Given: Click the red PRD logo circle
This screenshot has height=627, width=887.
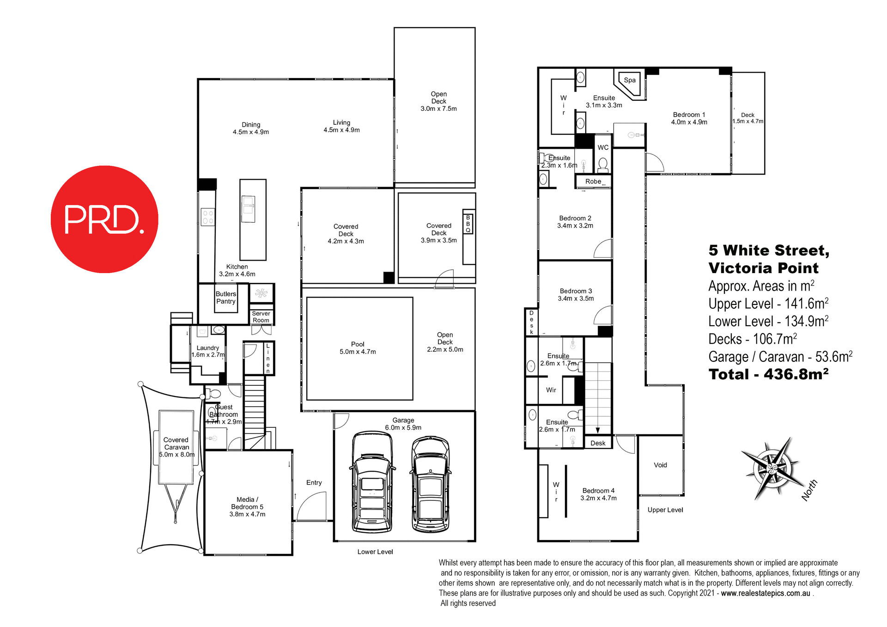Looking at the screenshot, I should click(104, 219).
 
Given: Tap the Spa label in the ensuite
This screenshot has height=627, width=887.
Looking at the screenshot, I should click(630, 80).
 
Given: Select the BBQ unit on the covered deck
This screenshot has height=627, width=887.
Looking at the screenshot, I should click(468, 224).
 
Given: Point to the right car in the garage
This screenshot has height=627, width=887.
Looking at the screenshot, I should click(431, 484).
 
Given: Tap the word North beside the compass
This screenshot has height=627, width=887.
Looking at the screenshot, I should click(809, 490).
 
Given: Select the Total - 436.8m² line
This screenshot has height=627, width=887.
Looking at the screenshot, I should click(768, 374).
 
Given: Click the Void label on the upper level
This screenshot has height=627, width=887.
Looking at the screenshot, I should click(660, 465).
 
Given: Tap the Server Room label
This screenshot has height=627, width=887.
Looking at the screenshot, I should click(261, 317).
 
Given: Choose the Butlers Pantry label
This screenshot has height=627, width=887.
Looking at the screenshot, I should click(226, 298).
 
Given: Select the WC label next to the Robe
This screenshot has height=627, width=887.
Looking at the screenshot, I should click(603, 147).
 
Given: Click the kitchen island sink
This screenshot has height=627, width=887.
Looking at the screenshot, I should click(249, 209).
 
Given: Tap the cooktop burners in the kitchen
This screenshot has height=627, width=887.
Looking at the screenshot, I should click(208, 217).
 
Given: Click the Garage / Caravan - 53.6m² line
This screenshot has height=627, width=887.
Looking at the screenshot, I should click(780, 357).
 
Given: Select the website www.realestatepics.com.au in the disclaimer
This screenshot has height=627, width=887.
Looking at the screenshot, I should click(765, 593).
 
